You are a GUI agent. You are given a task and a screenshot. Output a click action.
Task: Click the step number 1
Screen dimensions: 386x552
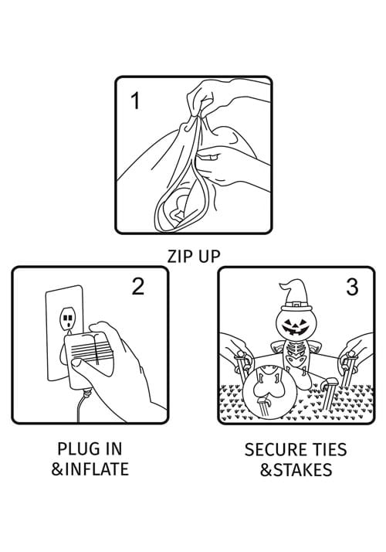[135, 101]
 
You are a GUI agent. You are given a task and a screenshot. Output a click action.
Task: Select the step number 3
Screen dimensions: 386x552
[352, 287]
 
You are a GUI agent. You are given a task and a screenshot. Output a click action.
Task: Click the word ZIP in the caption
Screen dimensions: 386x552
[178, 256]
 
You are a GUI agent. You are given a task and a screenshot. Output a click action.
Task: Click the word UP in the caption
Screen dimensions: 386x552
[208, 256]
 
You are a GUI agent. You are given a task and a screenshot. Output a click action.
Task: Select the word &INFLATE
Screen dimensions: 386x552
[90, 469]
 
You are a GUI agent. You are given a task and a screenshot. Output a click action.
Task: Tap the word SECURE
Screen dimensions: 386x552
[273, 449]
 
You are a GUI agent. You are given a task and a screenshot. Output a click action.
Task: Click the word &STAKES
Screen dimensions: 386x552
[296, 469]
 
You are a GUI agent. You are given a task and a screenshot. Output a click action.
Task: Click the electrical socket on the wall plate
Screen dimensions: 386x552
[67, 319]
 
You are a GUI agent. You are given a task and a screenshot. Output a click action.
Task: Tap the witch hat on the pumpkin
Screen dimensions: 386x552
[295, 295]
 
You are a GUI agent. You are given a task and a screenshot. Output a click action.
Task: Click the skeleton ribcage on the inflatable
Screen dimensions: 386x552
[295, 350]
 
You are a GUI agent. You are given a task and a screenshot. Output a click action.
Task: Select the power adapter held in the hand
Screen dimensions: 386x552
[89, 361]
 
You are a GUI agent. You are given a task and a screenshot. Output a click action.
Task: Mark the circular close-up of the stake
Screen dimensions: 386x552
[270, 392]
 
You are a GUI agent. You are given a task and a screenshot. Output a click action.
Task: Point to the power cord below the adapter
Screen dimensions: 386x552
[82, 405]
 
